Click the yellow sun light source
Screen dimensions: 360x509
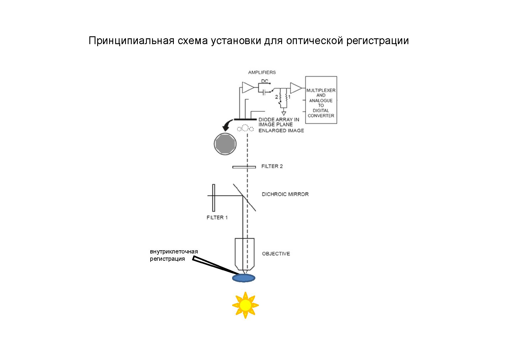point(245,305)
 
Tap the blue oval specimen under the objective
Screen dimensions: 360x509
point(244,278)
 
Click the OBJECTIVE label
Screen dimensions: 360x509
point(276,254)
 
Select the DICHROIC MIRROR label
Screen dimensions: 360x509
point(285,194)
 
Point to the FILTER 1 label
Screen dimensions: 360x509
point(217,217)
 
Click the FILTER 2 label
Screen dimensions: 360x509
point(272,166)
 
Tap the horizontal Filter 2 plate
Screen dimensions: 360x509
point(244,167)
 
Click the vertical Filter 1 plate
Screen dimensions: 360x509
point(214,198)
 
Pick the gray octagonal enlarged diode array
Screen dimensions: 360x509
point(225,144)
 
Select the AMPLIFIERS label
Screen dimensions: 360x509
point(262,72)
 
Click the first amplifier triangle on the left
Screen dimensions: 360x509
point(248,87)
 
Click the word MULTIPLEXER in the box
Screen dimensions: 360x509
point(321,90)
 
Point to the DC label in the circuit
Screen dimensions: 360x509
point(265,81)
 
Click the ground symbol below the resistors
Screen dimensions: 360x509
point(284,113)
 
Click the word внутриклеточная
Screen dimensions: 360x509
point(174,251)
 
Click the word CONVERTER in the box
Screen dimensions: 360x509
point(321,116)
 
